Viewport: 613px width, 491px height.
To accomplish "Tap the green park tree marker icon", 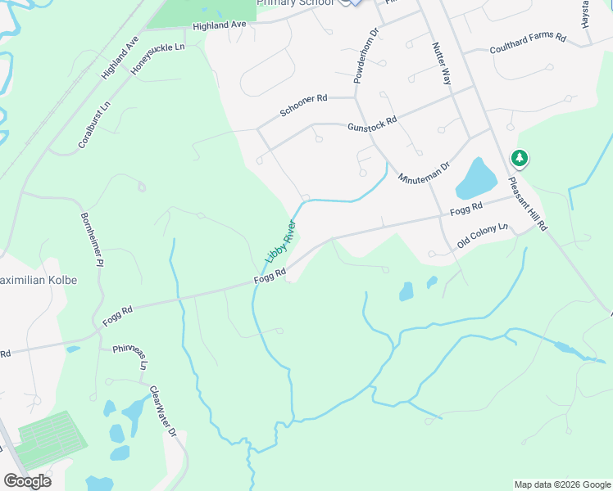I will (x=519, y=158).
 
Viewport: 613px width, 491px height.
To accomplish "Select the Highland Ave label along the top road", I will (x=220, y=26).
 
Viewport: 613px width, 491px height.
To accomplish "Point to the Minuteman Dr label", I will (x=424, y=172).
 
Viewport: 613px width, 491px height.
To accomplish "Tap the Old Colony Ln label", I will (x=483, y=235).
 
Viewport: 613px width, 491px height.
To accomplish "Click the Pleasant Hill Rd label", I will (x=527, y=204).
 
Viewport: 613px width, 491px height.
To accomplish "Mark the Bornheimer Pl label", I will (x=91, y=240).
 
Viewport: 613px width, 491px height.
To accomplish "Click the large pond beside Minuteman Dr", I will (x=475, y=178).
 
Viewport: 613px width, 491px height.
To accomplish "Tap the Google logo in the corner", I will (x=27, y=481).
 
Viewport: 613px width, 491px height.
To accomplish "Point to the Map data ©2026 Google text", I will (x=561, y=484).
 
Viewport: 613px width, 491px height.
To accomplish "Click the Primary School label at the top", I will (x=295, y=3).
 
